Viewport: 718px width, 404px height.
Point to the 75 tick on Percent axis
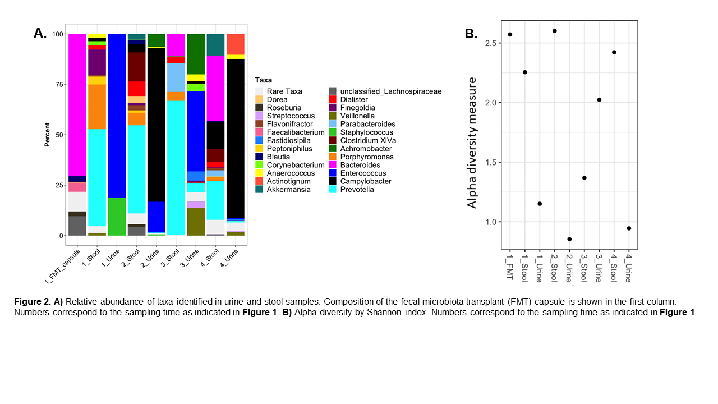(x=57, y=84)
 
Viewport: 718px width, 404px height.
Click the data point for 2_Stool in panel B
(x=554, y=31)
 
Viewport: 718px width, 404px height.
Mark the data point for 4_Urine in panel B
(x=629, y=228)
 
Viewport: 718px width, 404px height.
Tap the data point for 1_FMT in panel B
(x=510, y=34)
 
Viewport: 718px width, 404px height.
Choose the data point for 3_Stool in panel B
(x=584, y=178)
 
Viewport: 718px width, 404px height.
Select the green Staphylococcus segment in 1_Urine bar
(x=117, y=217)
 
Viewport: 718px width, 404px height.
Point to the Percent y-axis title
(x=48, y=135)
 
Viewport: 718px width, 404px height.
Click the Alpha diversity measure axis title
(x=472, y=143)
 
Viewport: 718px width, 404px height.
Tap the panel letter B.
(x=471, y=34)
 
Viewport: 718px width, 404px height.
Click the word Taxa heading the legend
(x=264, y=80)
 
